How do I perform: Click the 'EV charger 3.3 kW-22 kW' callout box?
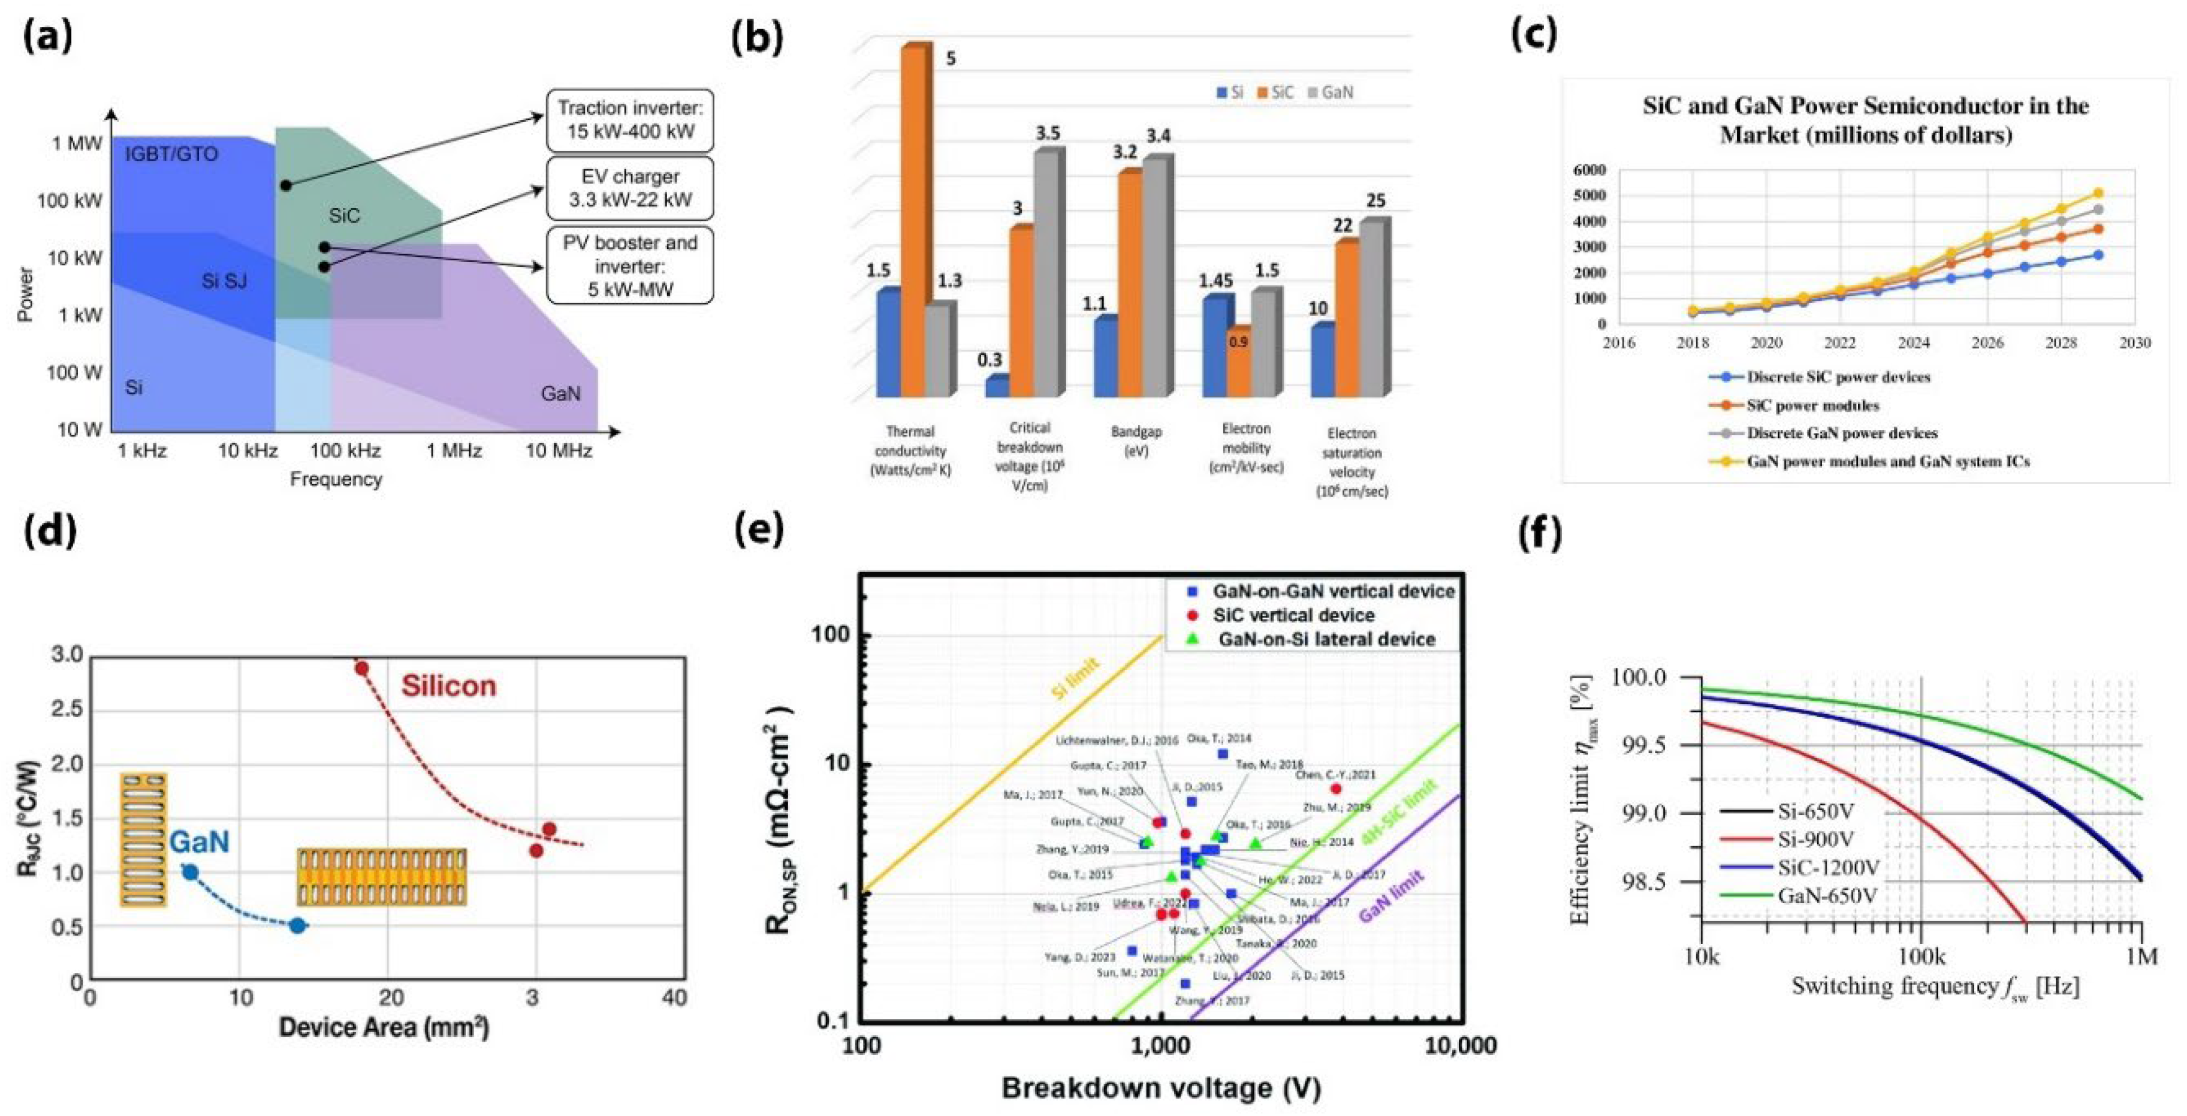pyautogui.click(x=630, y=188)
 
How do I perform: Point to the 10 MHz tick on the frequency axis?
pyautogui.click(x=559, y=451)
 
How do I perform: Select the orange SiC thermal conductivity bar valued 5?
pyautogui.click(x=915, y=221)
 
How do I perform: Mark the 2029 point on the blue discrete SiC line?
pyautogui.click(x=2098, y=255)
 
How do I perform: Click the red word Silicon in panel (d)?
pyautogui.click(x=448, y=686)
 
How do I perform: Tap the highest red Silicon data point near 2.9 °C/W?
pyautogui.click(x=361, y=669)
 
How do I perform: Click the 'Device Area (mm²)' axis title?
pyautogui.click(x=384, y=1028)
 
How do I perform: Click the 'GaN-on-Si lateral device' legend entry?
pyautogui.click(x=1326, y=639)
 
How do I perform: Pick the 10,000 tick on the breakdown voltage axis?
pyautogui.click(x=1457, y=1045)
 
